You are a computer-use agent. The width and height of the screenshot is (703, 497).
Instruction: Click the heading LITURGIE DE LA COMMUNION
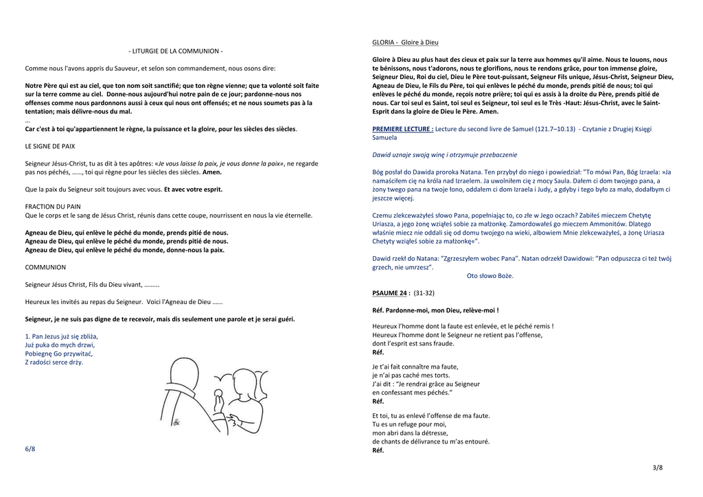pyautogui.click(x=176, y=51)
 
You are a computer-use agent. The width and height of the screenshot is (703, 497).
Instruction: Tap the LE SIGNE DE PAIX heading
pyautogui.click(x=50, y=146)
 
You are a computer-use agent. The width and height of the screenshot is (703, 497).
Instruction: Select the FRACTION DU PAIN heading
pyautogui.click(x=53, y=206)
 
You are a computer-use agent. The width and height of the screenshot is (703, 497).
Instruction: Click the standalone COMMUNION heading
pyautogui.click(x=45, y=267)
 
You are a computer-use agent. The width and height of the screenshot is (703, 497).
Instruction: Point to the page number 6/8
pyautogui.click(x=30, y=449)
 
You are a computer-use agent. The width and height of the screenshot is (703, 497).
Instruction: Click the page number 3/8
pyautogui.click(x=658, y=467)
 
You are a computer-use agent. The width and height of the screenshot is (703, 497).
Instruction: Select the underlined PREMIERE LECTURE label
pyautogui.click(x=403, y=128)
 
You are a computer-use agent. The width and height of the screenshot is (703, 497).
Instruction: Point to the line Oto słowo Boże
pyautogui.click(x=489, y=276)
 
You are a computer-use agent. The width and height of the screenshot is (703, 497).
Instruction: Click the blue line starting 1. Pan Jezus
pyautogui.click(x=61, y=336)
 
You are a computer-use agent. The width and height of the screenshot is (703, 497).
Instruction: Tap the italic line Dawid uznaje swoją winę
pyautogui.click(x=445, y=154)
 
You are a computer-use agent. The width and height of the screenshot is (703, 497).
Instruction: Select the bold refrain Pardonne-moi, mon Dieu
pyautogui.click(x=435, y=310)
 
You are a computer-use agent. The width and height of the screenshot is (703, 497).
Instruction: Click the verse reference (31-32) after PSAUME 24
pyautogui.click(x=424, y=293)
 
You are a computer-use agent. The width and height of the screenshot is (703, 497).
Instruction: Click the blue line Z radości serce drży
pyautogui.click(x=54, y=362)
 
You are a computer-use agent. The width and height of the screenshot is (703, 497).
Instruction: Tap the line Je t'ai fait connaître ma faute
pyautogui.click(x=415, y=367)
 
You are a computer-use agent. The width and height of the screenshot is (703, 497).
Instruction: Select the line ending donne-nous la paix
pyautogui.click(x=125, y=251)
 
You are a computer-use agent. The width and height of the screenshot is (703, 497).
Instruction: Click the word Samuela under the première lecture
pyautogui.click(x=384, y=137)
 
